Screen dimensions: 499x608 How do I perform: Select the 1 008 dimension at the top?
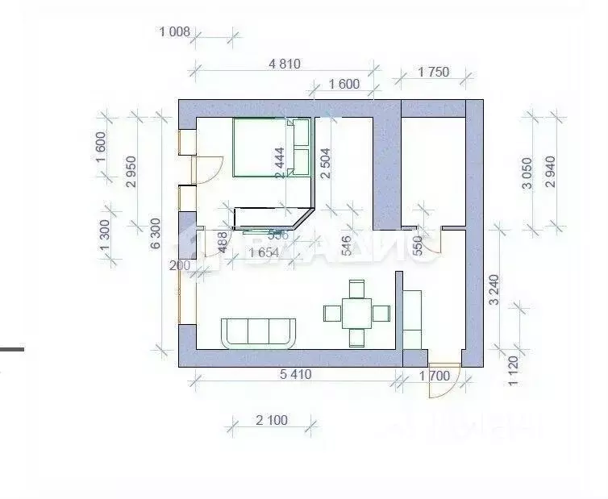pos(174,32)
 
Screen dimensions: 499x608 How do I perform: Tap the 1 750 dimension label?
pos(433,72)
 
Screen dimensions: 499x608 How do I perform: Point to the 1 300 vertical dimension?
pos(104,239)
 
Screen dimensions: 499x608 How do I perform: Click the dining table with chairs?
pos(356,312)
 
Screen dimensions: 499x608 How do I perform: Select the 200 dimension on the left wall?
pos(178,265)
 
